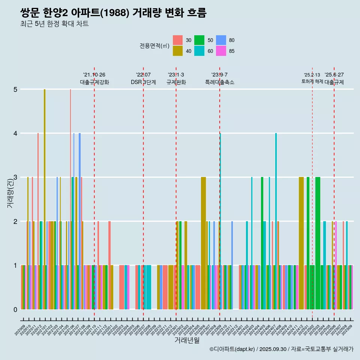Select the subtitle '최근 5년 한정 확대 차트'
coord(54,24)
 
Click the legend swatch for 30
coord(178,40)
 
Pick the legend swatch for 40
coord(178,51)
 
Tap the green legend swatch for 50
coord(199,40)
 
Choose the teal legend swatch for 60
coord(199,51)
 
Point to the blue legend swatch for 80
coord(221,40)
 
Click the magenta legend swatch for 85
coord(221,51)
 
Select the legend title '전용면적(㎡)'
coord(154,46)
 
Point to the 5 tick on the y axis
coord(15,89)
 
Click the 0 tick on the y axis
coord(15,309)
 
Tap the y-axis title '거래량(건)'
coord(10,193)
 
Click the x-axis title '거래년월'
coord(187,340)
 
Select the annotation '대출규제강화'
coord(94,82)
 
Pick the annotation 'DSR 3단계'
coord(143,82)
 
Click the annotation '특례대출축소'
coord(220,82)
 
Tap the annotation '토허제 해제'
coord(312,81)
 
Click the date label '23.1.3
coord(176,75)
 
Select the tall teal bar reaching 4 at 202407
coord(276,221)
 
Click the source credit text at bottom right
coord(281,349)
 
